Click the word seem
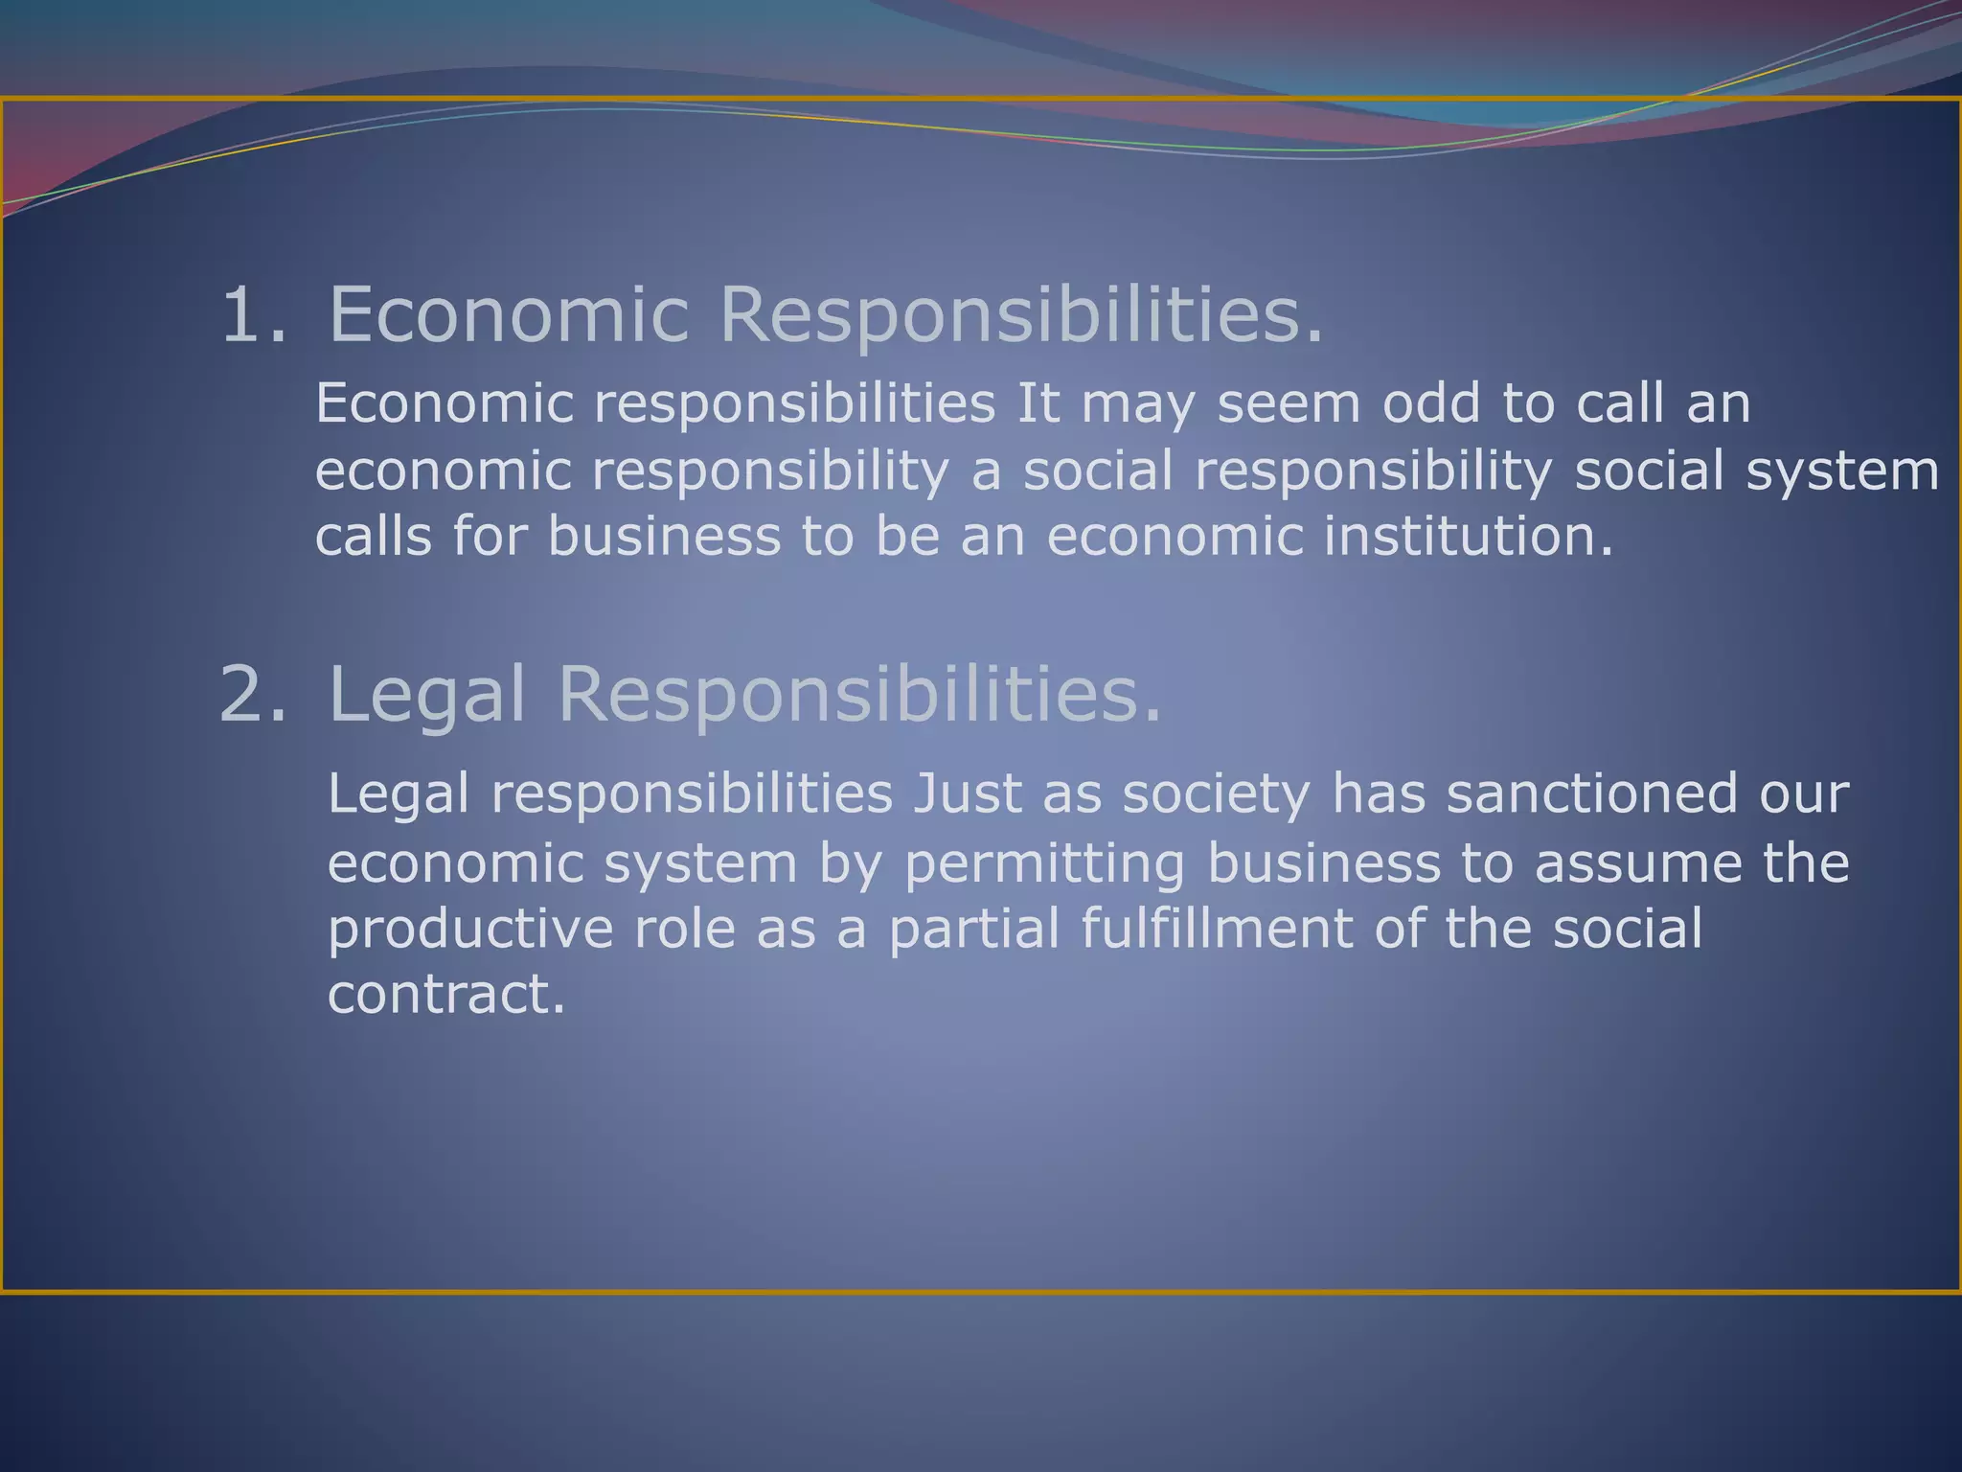(1289, 404)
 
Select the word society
(1216, 795)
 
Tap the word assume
(1638, 862)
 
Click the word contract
(445, 994)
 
